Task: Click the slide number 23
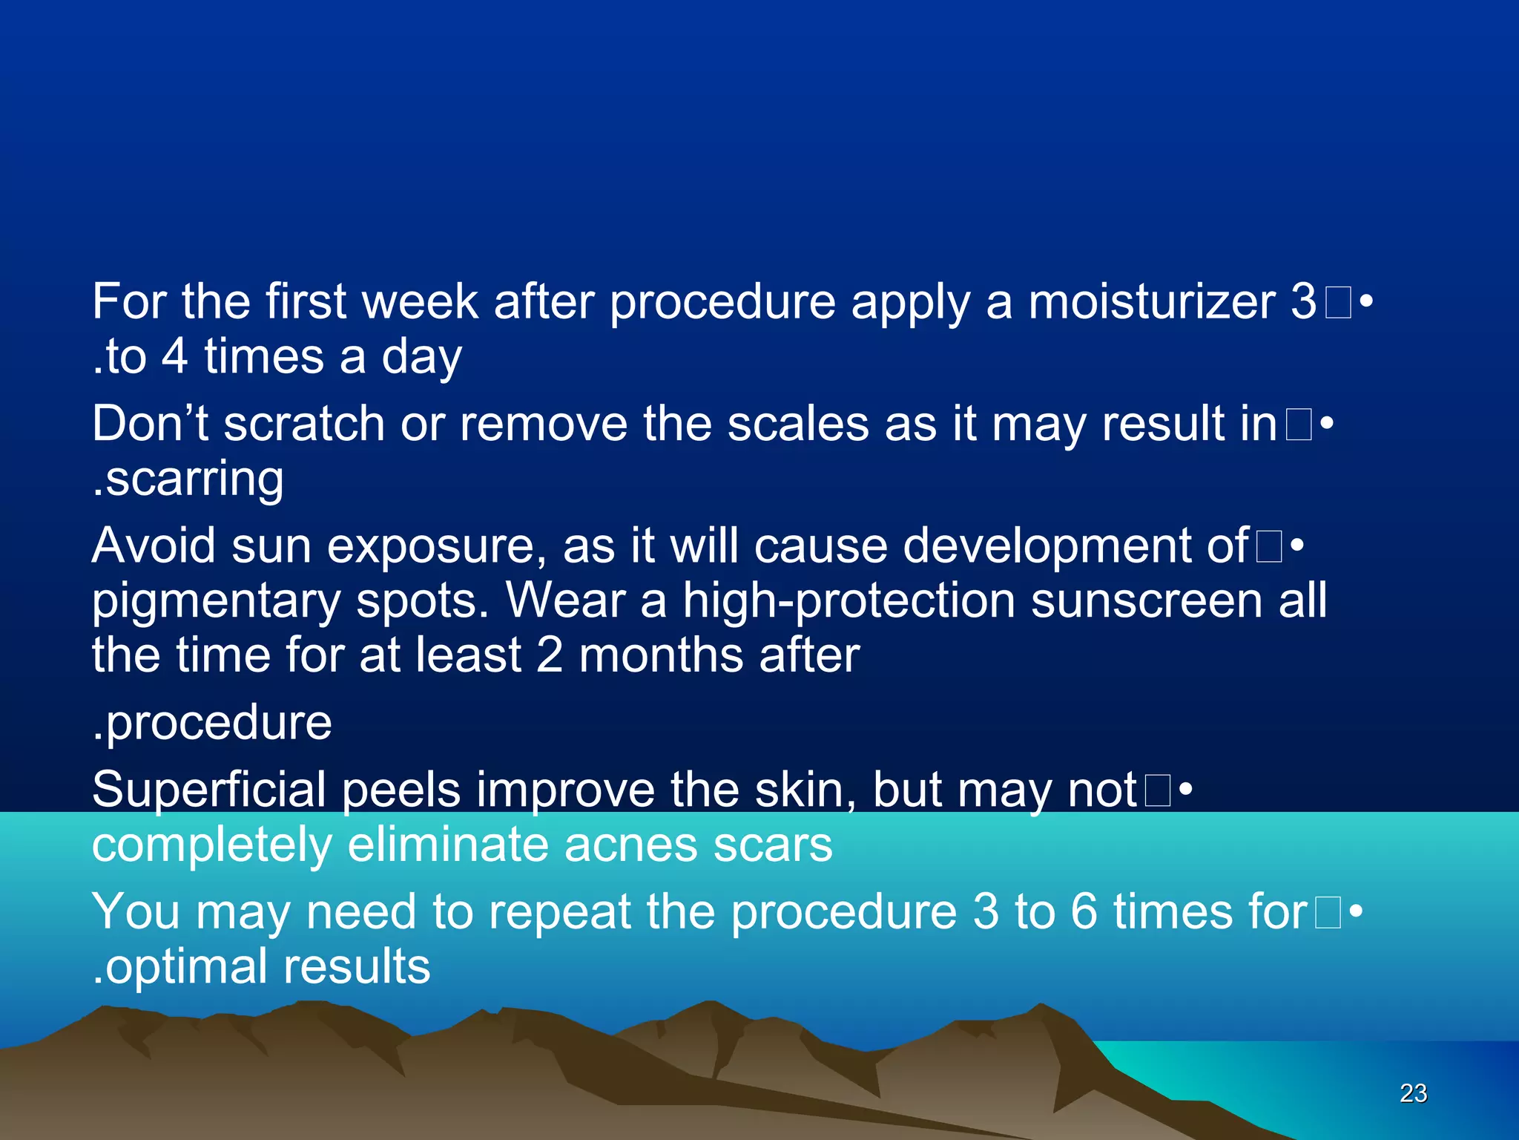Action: click(1413, 1093)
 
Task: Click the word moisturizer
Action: click(1152, 302)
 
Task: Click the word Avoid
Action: click(154, 546)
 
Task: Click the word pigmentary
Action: click(216, 601)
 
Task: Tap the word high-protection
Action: click(849, 601)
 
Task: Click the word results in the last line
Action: click(357, 966)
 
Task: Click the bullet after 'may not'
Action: click(1185, 790)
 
